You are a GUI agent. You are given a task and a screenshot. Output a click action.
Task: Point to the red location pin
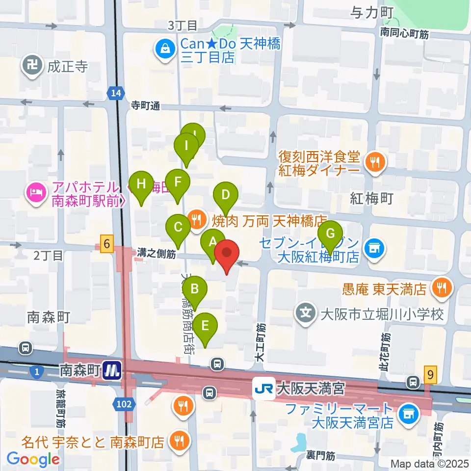coord(226,254)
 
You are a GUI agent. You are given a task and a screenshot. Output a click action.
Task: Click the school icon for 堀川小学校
coord(307,312)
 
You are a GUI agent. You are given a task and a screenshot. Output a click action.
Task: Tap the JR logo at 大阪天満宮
coord(263,389)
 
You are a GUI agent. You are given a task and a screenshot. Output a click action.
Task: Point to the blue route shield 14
coord(115,93)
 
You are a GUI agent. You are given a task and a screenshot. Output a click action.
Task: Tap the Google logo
coord(33,459)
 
